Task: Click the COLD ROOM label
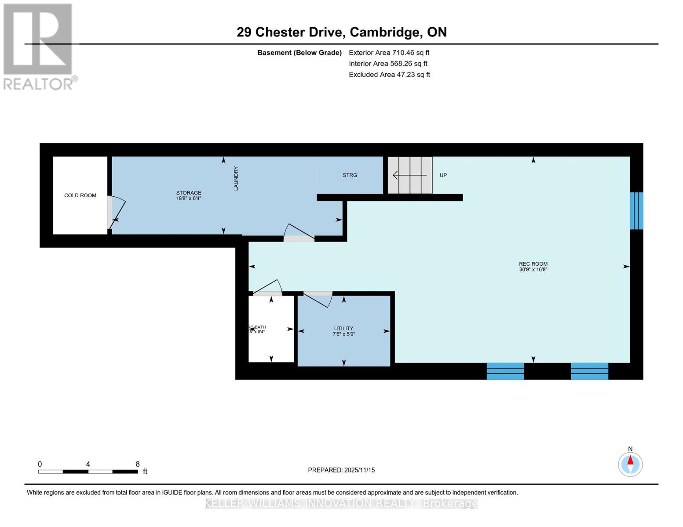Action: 80,195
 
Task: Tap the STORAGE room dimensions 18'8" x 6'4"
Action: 189,199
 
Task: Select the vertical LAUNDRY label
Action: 236,178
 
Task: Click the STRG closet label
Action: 350,175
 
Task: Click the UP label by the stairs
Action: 443,175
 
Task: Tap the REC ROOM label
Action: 533,264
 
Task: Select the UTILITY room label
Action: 343,328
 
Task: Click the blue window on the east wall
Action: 636,211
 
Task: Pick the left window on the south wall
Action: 505,371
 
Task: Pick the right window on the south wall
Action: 589,371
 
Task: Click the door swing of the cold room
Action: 117,213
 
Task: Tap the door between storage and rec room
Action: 299,233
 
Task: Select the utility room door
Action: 318,299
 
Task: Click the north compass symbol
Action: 630,464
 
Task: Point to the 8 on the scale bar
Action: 138,464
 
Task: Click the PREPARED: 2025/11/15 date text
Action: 341,470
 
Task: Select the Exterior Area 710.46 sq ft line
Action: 389,53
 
